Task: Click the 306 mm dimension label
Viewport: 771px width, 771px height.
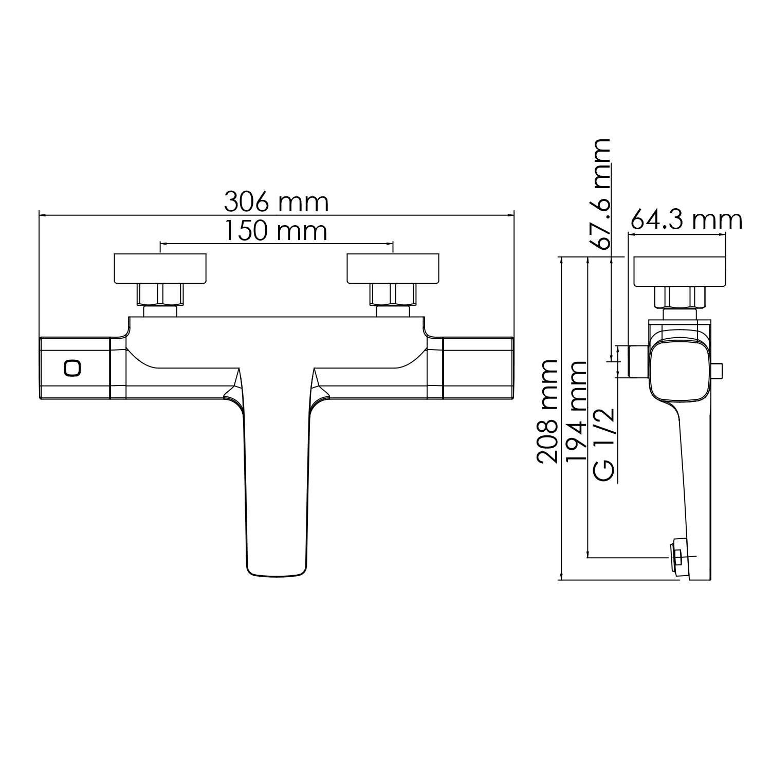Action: [276, 202]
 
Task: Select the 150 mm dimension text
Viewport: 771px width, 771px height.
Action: [276, 231]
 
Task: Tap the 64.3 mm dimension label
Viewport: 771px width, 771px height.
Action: [686, 220]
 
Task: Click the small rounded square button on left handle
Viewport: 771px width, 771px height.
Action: [72, 368]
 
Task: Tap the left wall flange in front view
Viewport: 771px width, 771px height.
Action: [160, 268]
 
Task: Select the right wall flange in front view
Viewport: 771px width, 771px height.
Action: [393, 268]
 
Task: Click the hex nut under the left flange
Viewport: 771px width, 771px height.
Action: [160, 295]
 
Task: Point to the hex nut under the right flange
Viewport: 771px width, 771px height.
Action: [393, 295]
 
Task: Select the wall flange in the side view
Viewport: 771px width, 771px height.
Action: [679, 271]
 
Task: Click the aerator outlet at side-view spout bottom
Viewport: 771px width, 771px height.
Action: [678, 558]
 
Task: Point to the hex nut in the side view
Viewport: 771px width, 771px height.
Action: [679, 297]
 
